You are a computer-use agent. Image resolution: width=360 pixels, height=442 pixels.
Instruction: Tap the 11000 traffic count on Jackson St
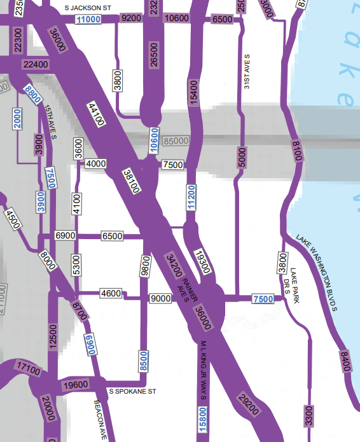pos(88,20)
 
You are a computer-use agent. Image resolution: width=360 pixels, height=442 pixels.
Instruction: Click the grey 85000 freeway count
pos(176,141)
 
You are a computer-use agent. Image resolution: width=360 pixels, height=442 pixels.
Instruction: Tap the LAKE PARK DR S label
pos(290,282)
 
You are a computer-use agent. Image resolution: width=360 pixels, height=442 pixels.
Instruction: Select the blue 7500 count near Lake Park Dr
pos(263,299)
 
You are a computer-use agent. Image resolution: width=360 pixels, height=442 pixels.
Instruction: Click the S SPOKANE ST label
pos(132,392)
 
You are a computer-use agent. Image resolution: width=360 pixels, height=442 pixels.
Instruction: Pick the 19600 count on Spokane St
pos(76,385)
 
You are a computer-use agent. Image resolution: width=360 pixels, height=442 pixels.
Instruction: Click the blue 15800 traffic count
pos(203,422)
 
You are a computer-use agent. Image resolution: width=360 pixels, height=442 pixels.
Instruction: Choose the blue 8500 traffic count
pos(144,361)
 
